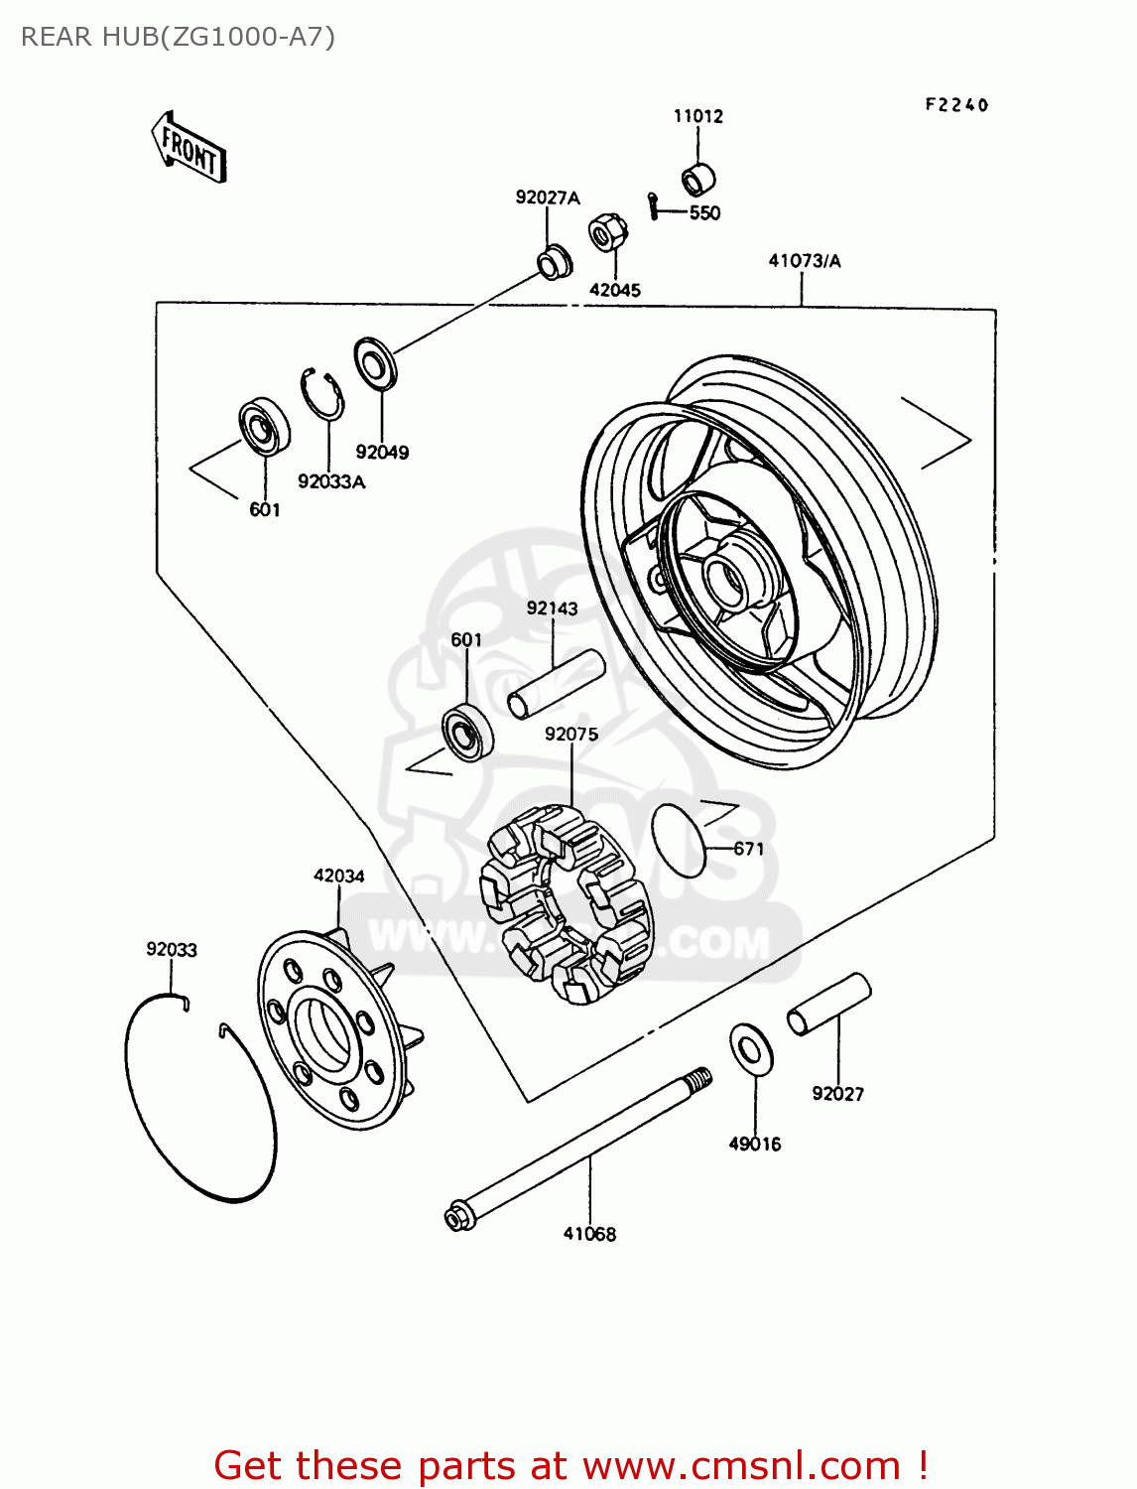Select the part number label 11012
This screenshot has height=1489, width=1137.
[698, 116]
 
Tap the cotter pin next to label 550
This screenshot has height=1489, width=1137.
[652, 203]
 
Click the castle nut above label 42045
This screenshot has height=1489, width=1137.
[605, 233]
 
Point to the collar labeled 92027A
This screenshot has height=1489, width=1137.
[554, 262]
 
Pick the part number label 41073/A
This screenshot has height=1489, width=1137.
[804, 261]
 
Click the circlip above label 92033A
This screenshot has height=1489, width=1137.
[322, 394]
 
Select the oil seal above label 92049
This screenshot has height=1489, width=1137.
[375, 363]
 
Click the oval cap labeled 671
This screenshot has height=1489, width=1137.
[678, 840]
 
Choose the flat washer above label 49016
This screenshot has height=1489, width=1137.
[751, 1047]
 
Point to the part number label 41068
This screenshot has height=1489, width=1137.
[589, 1234]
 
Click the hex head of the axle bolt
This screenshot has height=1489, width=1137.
[457, 1217]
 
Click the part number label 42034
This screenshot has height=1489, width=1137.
[338, 876]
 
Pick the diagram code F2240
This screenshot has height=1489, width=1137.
[956, 105]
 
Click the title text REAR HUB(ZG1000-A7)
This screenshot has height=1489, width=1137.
[179, 37]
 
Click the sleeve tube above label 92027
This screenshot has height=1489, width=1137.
[829, 1005]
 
